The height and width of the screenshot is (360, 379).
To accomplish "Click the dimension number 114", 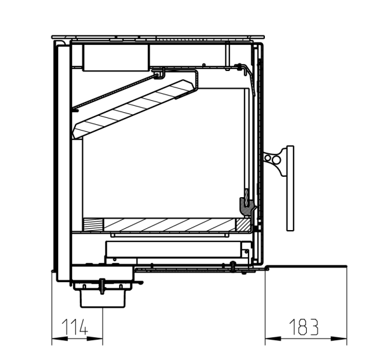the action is (74, 327).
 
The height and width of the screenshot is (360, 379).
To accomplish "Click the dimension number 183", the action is (304, 327).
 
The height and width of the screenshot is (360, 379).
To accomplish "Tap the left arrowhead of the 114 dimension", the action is (60, 338).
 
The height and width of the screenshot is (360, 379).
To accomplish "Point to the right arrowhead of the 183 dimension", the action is (339, 338).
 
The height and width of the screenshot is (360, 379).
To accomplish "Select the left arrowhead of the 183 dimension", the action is (273, 338).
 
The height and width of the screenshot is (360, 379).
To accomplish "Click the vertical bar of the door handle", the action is (290, 188).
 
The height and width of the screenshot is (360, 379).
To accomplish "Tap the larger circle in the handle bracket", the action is (276, 160).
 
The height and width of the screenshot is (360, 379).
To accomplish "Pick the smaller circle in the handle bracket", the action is (268, 158).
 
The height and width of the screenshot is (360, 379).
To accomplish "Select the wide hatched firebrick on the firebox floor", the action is (169, 224).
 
